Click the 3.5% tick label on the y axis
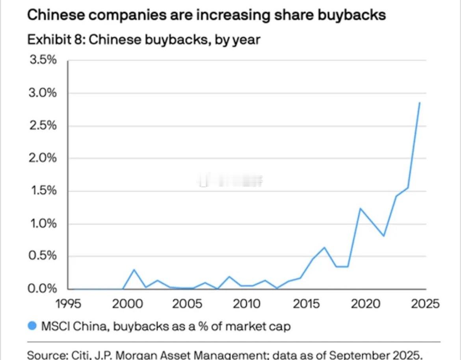point(42,61)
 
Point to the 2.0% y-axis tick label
point(42,159)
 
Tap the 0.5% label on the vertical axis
point(42,256)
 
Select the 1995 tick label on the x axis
point(68,304)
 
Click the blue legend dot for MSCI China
point(33,326)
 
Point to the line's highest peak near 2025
point(420,103)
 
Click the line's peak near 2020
point(360,208)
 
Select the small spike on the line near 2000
point(134,270)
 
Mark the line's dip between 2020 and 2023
point(384,236)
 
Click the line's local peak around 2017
point(324,247)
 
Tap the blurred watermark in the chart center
point(230,181)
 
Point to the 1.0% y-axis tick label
point(42,224)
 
